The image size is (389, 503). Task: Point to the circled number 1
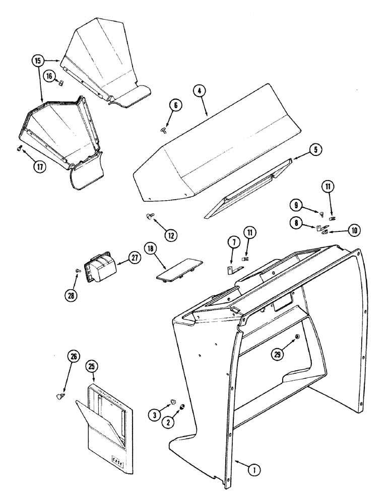pyautogui.click(x=255, y=470)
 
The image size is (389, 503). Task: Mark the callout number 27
pyautogui.click(x=135, y=258)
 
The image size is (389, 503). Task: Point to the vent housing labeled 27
pyautogui.click(x=100, y=265)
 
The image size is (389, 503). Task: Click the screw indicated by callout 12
pyautogui.click(x=149, y=216)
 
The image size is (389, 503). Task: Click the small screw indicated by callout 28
pyautogui.click(x=77, y=270)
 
